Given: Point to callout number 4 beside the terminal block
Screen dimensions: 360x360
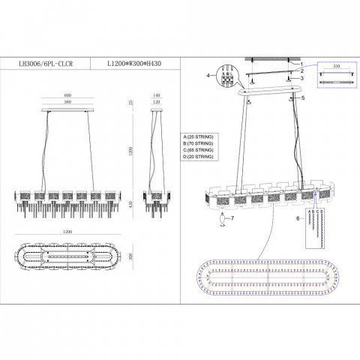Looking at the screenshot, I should click(x=208, y=76).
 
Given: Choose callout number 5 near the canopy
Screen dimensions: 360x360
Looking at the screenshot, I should click(x=303, y=98).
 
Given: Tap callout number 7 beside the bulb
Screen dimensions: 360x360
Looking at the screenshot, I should click(x=232, y=218).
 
